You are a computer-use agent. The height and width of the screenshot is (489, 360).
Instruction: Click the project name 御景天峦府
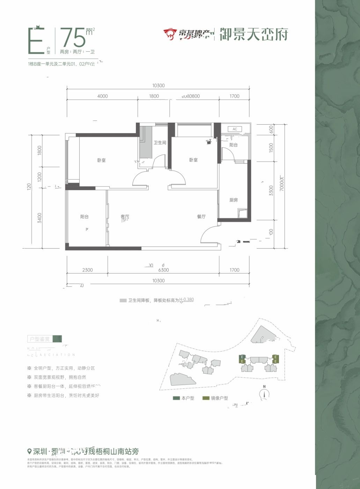click(x=254, y=34)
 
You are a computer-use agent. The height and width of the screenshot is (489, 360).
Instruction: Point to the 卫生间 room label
click(x=160, y=143)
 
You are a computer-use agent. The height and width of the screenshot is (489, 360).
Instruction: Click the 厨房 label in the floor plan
click(x=234, y=200)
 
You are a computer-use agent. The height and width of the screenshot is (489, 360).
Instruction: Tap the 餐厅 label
click(x=201, y=217)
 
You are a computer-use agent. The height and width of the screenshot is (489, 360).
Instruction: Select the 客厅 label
click(x=125, y=217)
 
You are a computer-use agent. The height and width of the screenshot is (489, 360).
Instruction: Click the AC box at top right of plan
click(x=235, y=129)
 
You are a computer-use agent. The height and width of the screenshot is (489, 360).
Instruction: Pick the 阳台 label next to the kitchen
click(x=233, y=145)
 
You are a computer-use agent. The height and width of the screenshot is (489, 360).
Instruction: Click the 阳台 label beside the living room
click(x=85, y=217)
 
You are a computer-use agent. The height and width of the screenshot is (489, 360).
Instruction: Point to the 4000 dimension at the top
click(x=103, y=96)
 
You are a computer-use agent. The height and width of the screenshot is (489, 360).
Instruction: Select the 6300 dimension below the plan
click(x=163, y=270)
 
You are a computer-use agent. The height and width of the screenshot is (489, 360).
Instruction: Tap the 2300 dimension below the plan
click(x=87, y=270)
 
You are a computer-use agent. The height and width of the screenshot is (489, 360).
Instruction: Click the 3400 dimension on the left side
click(x=39, y=218)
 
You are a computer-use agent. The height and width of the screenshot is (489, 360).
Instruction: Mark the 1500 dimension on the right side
click(x=271, y=147)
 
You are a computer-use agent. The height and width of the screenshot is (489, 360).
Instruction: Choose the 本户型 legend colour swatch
click(x=176, y=398)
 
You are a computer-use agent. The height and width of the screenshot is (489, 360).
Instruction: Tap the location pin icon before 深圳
click(x=29, y=451)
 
